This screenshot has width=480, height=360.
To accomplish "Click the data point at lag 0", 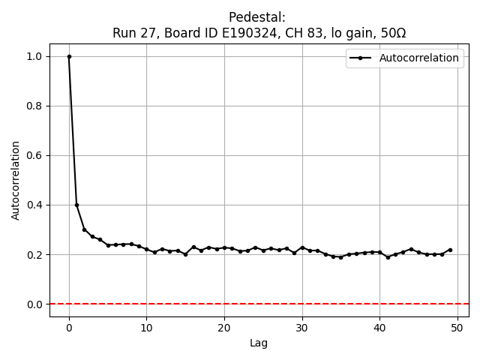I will (69, 56).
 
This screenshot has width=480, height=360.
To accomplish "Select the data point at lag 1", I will (76, 205).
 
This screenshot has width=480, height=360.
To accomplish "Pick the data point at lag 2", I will (85, 229).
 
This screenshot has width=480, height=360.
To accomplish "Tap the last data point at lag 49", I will (450, 250).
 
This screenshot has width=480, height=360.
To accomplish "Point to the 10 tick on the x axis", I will (146, 327).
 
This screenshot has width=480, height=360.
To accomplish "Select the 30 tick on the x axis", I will (302, 327).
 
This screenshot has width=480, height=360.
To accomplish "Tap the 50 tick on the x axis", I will (457, 327).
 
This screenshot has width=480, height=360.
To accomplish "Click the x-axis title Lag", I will (259, 343).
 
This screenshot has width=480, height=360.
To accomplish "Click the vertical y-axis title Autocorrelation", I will (16, 180).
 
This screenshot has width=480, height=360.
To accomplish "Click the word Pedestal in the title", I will (257, 17).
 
